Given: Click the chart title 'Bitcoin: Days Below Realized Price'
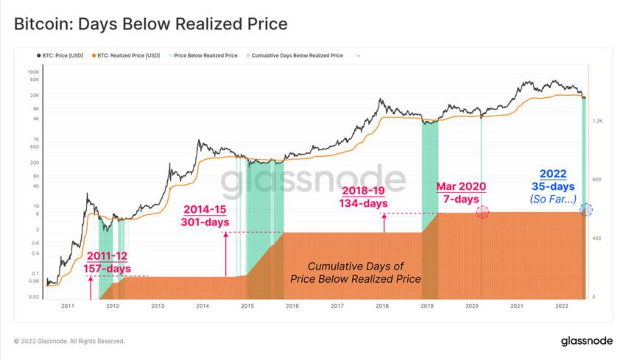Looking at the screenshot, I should (151, 24).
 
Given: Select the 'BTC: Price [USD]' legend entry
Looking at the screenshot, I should (64, 55).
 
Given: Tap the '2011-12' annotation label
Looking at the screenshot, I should (108, 255).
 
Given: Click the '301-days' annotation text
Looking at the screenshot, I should (206, 221).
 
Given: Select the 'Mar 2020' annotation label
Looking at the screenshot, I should (461, 186).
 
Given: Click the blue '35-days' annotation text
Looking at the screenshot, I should (553, 186).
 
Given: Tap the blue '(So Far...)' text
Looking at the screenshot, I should (553, 199).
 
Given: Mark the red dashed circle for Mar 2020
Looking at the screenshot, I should (482, 212).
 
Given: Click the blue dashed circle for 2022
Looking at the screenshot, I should (586, 210).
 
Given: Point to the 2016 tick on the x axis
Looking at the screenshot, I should (292, 305).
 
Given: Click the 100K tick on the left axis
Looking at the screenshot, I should (33, 72).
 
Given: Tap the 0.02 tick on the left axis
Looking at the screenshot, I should (33, 297).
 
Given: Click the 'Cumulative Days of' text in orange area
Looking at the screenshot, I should (355, 266).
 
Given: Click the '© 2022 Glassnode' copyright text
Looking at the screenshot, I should (69, 341).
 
